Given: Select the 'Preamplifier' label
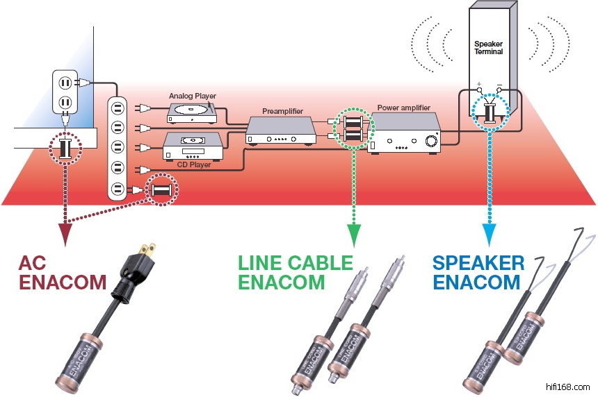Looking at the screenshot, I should coord(283,111).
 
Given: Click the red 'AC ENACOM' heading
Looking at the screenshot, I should coord(63,273).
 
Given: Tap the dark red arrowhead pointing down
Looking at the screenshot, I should coord(65,236).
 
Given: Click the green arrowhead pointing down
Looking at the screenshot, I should coord(353,238).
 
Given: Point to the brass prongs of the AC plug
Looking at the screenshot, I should coord(147,250).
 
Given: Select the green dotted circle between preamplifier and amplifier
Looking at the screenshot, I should coord(353,128).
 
